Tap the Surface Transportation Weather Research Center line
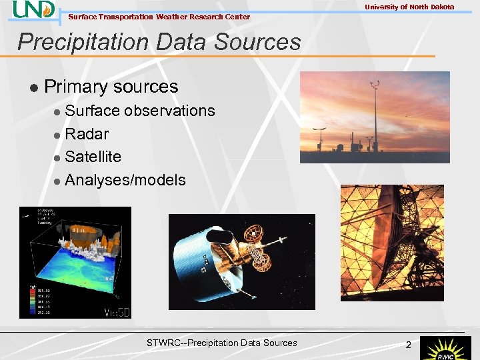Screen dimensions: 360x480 (159, 17)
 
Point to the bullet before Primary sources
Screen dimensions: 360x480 (32, 87)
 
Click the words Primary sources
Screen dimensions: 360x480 (111, 87)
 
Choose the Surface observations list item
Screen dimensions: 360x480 (139, 111)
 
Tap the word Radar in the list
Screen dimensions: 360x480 (87, 134)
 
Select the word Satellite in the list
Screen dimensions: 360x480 (93, 157)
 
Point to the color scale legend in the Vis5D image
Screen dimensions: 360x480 (30, 299)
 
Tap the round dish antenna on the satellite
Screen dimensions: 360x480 (254, 233)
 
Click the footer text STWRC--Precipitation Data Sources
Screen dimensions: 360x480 (221, 343)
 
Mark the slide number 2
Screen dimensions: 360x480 (409, 344)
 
